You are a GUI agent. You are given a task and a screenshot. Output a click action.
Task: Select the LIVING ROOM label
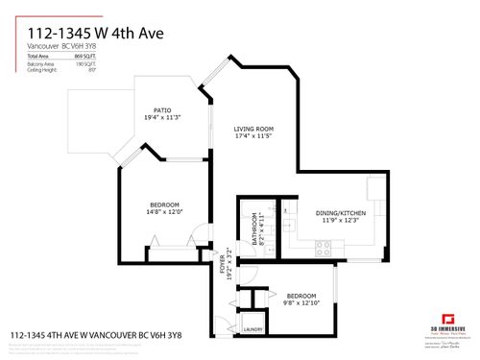coord(255,129)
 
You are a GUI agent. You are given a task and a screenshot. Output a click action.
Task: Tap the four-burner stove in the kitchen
coord(324,245)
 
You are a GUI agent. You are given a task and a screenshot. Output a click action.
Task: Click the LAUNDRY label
coord(253,329)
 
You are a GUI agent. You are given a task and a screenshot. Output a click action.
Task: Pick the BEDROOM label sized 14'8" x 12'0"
coord(166,202)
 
